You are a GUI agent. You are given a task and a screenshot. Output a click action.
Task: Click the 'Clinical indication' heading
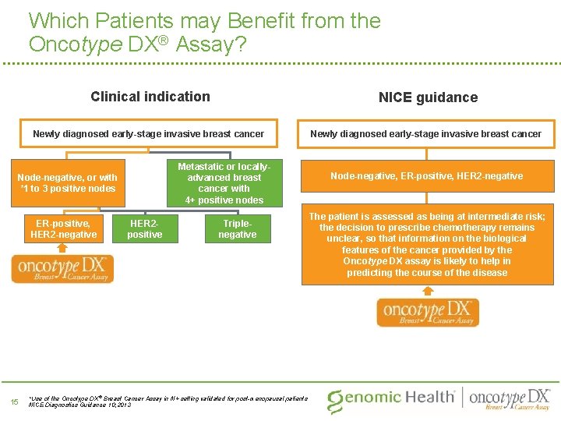click(150, 97)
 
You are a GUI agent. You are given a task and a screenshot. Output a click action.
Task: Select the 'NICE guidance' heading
click(428, 97)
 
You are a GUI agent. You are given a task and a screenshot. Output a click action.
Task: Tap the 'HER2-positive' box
click(144, 228)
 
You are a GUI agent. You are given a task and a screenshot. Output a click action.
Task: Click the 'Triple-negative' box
click(237, 228)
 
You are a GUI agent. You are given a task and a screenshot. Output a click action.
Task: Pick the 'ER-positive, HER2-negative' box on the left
click(63, 229)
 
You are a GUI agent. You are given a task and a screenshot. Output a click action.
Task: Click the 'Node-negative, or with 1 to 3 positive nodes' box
click(67, 182)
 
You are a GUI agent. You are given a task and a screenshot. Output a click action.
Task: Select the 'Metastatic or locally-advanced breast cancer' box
click(224, 183)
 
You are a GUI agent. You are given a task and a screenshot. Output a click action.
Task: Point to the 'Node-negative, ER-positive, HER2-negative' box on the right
click(427, 176)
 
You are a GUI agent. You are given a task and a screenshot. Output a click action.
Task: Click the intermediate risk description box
click(427, 245)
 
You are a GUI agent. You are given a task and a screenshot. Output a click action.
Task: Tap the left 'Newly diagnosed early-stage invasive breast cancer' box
click(148, 134)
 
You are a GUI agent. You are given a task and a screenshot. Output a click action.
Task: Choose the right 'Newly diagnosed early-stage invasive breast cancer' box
click(426, 134)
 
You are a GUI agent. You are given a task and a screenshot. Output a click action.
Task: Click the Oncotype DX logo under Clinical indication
click(62, 269)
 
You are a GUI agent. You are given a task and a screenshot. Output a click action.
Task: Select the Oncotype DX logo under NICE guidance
click(428, 312)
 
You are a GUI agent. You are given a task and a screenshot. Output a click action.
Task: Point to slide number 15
click(13, 402)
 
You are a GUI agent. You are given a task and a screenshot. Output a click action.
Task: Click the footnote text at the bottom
click(168, 402)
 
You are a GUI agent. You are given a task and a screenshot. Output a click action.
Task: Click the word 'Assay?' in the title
click(211, 44)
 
